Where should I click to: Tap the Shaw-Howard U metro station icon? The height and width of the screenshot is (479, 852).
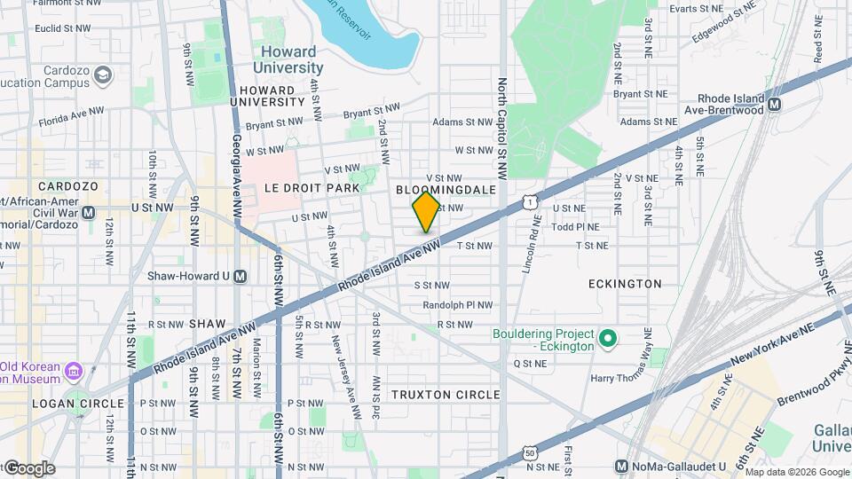pyautogui.click(x=240, y=276)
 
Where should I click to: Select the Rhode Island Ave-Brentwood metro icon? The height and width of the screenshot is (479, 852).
pyautogui.click(x=775, y=104)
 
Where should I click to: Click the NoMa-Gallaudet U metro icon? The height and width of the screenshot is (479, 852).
pyautogui.click(x=622, y=467)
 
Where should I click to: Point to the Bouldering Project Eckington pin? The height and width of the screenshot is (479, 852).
pyautogui.click(x=608, y=339)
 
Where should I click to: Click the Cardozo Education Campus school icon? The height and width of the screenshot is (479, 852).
pyautogui.click(x=104, y=75)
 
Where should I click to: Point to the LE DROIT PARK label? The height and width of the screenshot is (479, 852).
pyautogui.click(x=312, y=188)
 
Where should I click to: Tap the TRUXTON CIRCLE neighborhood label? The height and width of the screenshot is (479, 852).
pyautogui.click(x=446, y=395)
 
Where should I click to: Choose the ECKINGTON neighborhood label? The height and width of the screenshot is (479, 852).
pyautogui.click(x=625, y=284)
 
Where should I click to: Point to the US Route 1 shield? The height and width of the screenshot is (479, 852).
pyautogui.click(x=528, y=203)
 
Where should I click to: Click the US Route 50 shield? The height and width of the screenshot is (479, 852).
pyautogui.click(x=530, y=452)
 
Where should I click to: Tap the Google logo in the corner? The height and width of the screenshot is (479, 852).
pyautogui.click(x=28, y=467)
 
